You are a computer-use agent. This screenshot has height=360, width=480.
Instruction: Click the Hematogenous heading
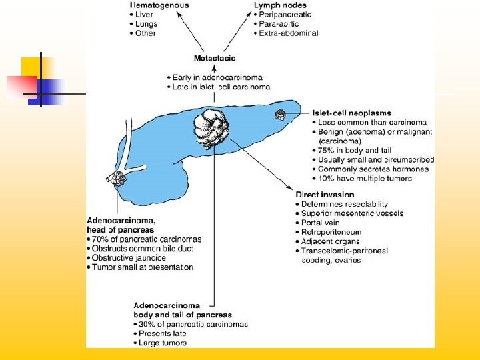pos(160,5)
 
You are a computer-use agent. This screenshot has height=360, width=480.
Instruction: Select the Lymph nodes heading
pos(275,5)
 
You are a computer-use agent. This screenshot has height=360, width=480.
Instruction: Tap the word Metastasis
pos(214,59)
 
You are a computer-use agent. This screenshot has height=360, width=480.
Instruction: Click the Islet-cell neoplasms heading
pos(351,113)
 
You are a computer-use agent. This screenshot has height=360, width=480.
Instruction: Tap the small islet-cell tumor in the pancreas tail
pos(281,115)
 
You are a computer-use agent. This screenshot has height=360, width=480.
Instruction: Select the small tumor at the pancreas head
pos(117,179)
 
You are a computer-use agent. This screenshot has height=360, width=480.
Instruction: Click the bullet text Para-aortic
pos(279,24)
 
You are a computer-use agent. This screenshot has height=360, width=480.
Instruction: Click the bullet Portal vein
pos(320,223)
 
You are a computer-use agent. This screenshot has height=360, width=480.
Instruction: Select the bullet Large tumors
pos(163,343)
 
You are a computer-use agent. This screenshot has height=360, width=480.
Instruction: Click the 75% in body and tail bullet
pos(347,151)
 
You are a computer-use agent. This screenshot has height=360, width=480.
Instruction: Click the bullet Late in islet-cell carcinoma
pos(221,87)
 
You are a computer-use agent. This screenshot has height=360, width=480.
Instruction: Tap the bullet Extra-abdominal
pos(288,33)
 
